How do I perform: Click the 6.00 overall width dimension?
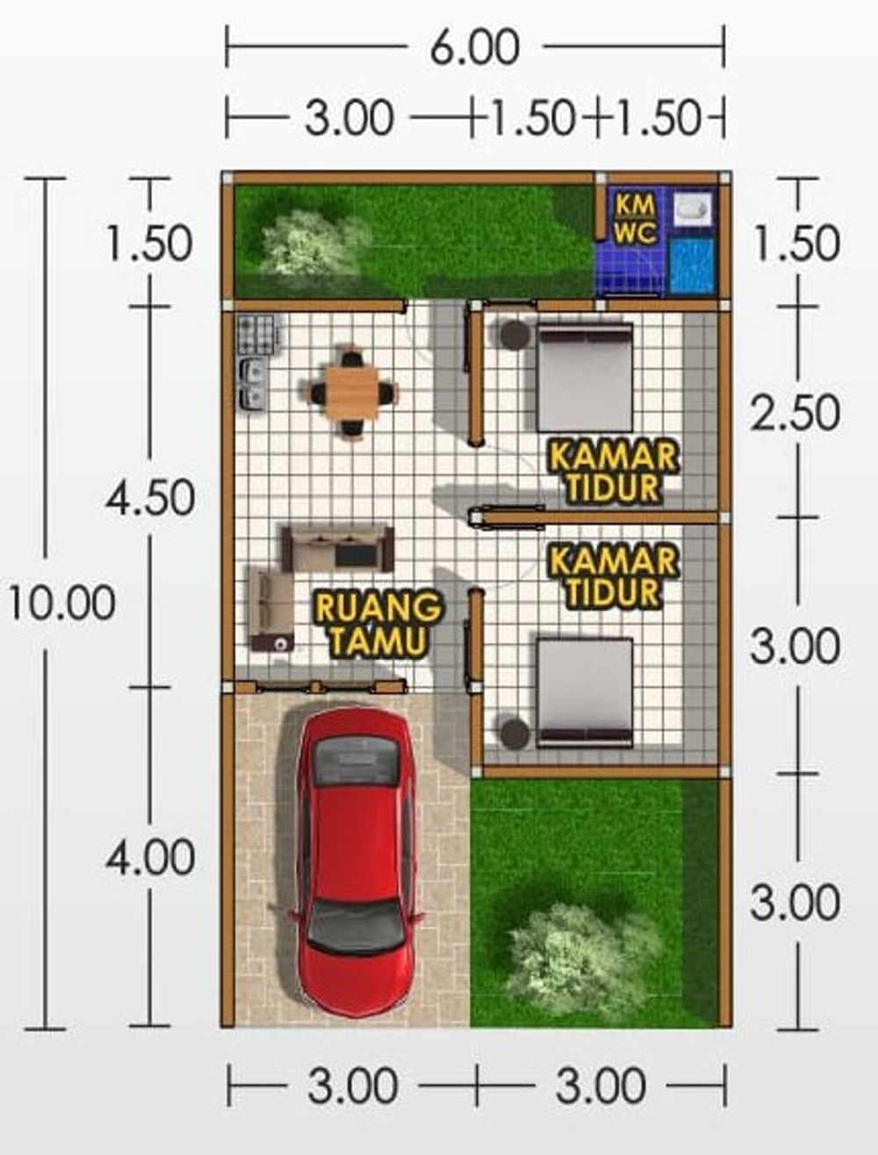point(474,47)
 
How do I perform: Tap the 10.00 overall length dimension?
point(61,604)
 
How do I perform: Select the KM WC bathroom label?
point(634,219)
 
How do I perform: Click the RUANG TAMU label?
point(378,623)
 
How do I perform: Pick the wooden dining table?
point(351,392)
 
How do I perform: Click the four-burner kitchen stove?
point(256,334)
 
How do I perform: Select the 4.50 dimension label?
point(150,498)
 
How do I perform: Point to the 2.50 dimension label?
point(795,412)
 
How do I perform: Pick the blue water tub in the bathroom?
point(692,265)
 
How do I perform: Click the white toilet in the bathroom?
point(691,208)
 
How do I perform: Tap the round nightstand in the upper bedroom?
point(515,334)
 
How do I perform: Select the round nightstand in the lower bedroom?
point(515,733)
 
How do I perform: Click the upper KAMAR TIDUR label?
point(613,471)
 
